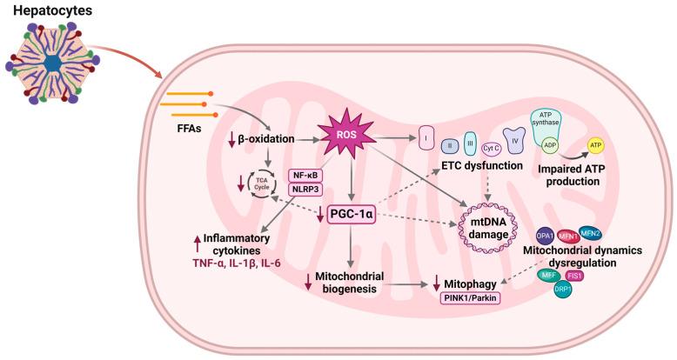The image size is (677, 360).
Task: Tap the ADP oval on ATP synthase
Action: click(550, 147)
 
